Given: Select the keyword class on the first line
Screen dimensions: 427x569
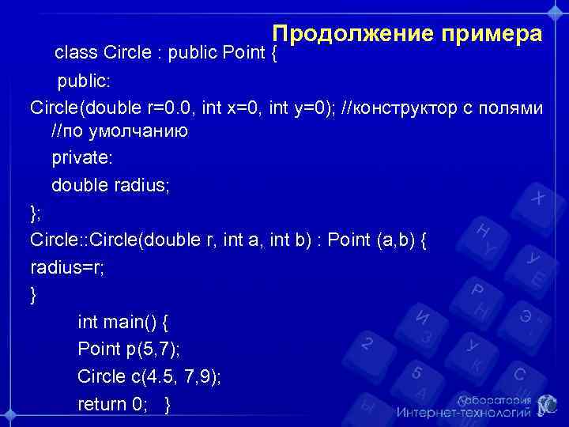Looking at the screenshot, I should (x=76, y=54).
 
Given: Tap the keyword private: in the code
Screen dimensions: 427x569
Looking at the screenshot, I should (x=82, y=158).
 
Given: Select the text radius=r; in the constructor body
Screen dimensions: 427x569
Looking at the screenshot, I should (x=67, y=267).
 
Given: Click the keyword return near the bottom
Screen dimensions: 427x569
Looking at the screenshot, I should (x=101, y=404).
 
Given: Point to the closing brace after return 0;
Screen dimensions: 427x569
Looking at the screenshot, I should (x=167, y=404).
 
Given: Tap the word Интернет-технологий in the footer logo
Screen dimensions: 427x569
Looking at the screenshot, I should (x=462, y=413).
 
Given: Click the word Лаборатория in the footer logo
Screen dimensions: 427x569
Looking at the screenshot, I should (x=491, y=401).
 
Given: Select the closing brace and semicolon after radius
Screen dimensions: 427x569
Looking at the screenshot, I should (x=34, y=212).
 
